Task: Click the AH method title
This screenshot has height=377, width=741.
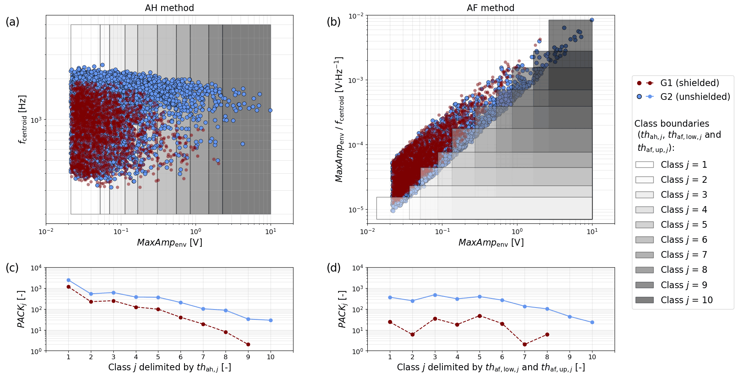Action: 169,8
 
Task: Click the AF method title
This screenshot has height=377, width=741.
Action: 490,8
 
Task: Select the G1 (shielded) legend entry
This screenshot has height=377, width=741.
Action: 689,83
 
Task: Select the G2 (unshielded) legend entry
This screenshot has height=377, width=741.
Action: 695,97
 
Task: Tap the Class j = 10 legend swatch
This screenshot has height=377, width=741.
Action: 644,300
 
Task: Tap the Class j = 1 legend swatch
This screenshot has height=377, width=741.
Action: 644,165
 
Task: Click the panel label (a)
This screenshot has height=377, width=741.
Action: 12,22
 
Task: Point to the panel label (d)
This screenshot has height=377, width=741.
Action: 334,268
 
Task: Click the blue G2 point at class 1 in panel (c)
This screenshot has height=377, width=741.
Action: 68,280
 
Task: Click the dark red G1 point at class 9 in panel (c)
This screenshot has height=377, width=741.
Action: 248,345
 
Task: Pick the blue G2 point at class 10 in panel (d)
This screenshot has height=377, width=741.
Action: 592,323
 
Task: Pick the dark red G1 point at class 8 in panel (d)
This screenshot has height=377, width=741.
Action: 547,334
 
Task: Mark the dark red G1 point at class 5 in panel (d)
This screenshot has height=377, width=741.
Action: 480,316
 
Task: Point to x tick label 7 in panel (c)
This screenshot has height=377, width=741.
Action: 203,357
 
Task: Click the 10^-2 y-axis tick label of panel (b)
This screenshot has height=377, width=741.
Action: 356,16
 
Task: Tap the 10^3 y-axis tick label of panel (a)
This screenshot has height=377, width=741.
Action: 36,120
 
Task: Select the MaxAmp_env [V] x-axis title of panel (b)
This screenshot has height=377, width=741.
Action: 491,243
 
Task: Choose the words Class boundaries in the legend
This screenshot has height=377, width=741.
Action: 671,124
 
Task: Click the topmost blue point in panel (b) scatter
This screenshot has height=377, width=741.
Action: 591,20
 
